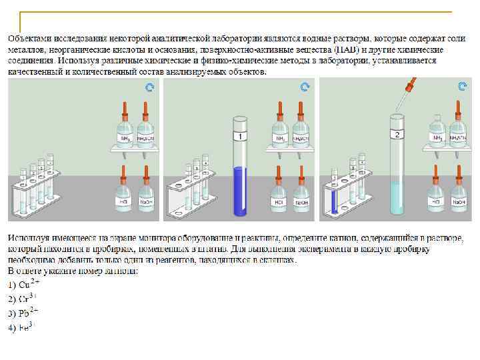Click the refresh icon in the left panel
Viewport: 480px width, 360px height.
click(x=150, y=87)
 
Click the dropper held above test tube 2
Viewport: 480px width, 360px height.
click(x=409, y=93)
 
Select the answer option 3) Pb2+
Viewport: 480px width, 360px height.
click(x=24, y=312)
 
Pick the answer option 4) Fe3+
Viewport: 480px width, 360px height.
click(x=22, y=326)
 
